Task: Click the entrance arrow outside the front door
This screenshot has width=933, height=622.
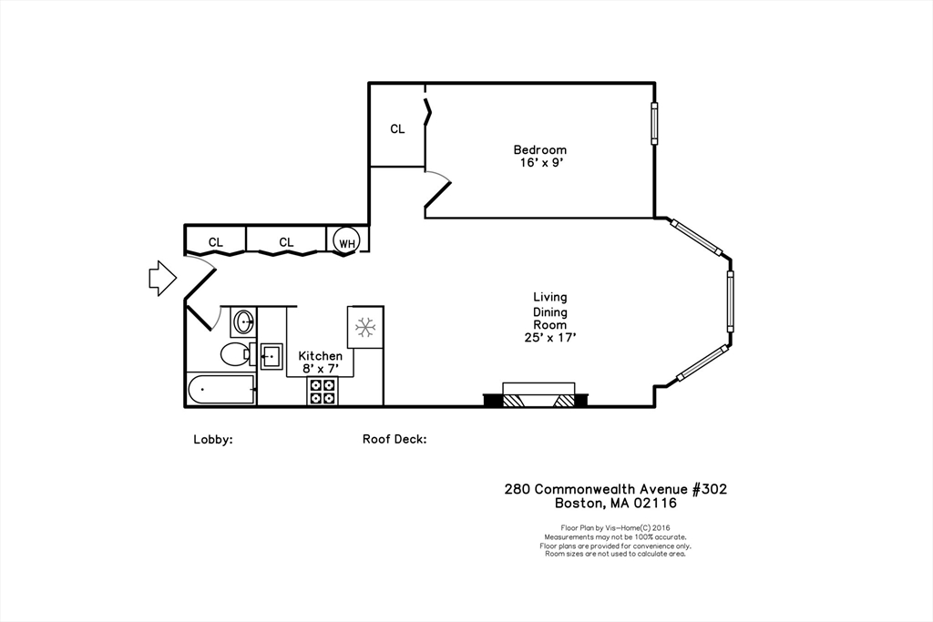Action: (x=161, y=278)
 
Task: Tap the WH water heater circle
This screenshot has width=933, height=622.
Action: (x=346, y=241)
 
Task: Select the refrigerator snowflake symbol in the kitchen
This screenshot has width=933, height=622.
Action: (x=365, y=326)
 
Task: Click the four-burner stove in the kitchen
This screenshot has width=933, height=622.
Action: (x=322, y=391)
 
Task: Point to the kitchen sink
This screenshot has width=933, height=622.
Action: (x=272, y=355)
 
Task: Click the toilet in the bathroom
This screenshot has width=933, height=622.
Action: (x=236, y=354)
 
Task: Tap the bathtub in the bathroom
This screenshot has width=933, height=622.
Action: (x=220, y=390)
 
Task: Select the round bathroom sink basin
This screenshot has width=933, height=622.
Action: (x=243, y=321)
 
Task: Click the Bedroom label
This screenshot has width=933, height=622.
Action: (x=539, y=149)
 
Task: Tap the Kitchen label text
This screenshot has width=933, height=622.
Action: (x=321, y=355)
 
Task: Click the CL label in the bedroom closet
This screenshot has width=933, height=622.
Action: (x=397, y=129)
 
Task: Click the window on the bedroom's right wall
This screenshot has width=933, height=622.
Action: (x=653, y=122)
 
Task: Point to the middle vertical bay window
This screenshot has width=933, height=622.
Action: (x=730, y=301)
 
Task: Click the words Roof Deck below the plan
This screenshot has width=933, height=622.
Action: (x=394, y=439)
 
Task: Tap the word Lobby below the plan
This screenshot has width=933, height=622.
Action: (x=212, y=439)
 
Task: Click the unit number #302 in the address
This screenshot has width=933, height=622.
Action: (x=709, y=489)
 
